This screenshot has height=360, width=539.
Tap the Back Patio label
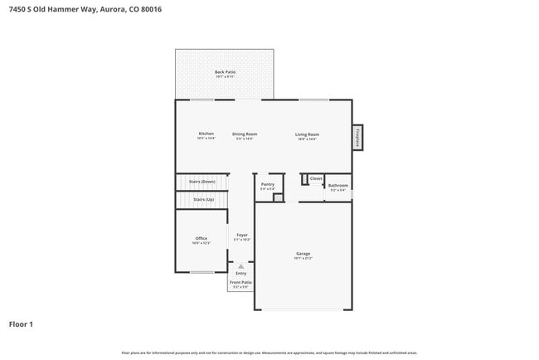pos(225,72)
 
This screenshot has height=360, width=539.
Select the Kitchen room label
pos(206,134)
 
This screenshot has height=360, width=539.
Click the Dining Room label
pos(244,134)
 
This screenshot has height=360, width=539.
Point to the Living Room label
pos(308,134)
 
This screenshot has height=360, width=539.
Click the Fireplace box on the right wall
pos(357,137)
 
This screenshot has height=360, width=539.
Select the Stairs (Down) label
pos(202,181)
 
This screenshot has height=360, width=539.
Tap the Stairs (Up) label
pos(203,200)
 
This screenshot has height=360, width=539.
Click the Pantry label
pos(267,184)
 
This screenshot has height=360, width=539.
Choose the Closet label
pos(316,178)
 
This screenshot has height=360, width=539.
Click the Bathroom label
pos(337,186)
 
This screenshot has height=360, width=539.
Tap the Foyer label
pos(242,235)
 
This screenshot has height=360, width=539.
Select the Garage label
pos(303,253)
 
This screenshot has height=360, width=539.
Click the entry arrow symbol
pos(240,266)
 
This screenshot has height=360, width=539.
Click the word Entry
pos(240,273)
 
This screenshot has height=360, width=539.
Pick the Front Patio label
pos(240,282)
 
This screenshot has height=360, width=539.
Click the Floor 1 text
pos(21,324)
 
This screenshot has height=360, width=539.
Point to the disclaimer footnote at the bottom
pos(269,353)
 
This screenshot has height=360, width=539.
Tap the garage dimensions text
pos(303,259)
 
